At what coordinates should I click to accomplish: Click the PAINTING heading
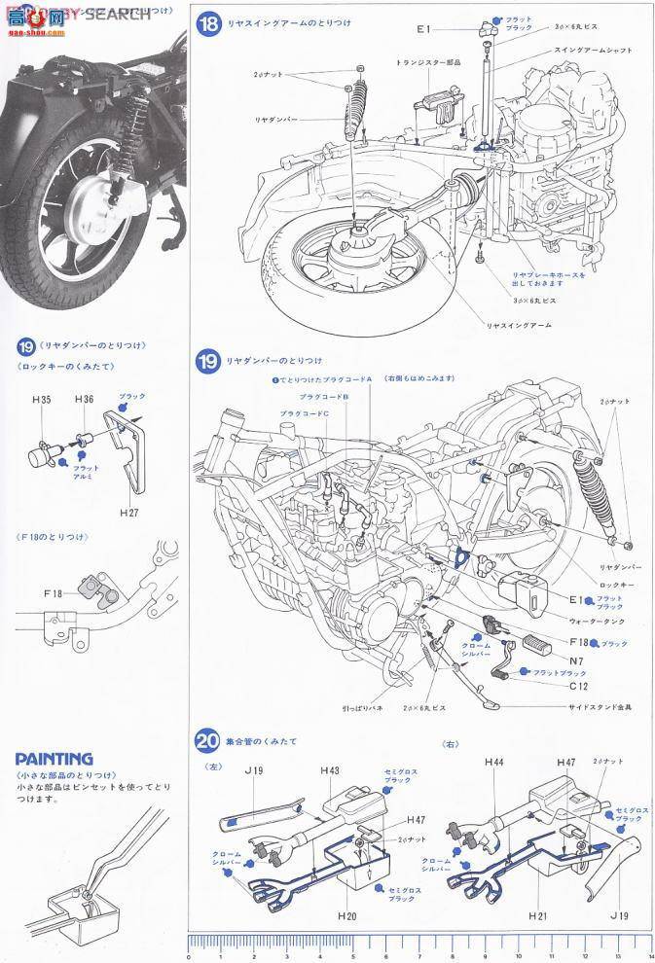55,758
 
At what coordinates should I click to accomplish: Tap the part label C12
579,685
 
